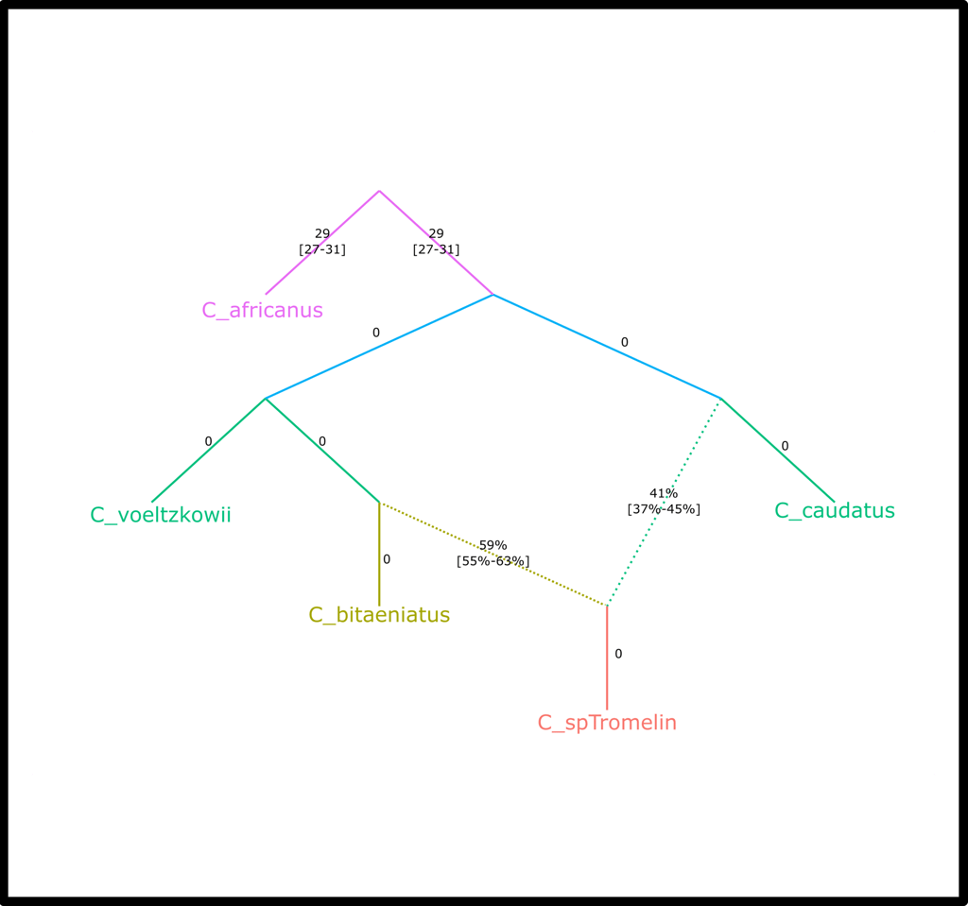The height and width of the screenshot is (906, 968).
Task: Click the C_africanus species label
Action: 262,310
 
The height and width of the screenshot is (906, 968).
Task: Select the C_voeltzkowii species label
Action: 161,515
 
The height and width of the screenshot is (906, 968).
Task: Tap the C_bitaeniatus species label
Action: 379,615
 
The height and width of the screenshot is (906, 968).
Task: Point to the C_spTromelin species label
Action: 607,723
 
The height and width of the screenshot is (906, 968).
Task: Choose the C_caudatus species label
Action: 835,511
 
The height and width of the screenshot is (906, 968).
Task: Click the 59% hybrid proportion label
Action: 493,545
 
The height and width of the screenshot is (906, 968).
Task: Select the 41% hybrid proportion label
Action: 664,493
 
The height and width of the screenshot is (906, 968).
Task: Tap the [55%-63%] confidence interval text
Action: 493,561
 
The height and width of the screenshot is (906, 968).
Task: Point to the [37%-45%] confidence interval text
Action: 664,509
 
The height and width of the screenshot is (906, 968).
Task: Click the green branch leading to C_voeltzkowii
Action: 208,451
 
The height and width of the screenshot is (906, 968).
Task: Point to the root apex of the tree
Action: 379,191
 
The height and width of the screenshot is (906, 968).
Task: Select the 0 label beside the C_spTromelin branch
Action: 618,654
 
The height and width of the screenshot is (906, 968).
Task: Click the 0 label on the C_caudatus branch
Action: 785,446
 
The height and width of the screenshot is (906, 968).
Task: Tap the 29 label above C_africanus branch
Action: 322,233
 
